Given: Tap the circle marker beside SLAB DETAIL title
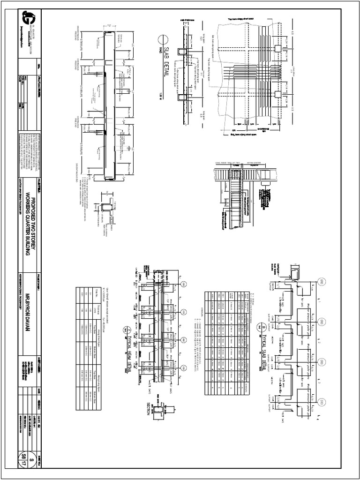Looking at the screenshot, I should coord(162,40).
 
